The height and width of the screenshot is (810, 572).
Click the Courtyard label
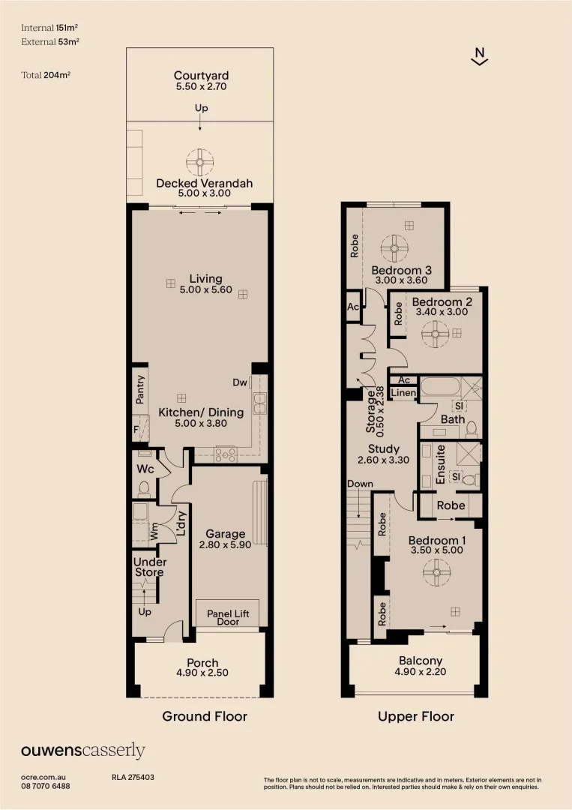[x=201, y=76]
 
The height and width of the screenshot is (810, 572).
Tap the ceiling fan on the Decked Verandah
[x=200, y=161]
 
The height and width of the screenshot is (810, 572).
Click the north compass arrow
[x=480, y=57]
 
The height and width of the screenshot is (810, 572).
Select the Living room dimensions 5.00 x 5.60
[x=201, y=289]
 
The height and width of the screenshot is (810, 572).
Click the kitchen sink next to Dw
[x=259, y=403]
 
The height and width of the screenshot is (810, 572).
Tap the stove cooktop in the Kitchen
[x=226, y=453]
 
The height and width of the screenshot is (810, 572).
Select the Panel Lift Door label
[x=227, y=617]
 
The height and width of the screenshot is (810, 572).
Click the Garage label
[x=226, y=534]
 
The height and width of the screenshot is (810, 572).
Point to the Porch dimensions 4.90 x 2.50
[x=202, y=673]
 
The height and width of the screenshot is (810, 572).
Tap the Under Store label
[x=149, y=567]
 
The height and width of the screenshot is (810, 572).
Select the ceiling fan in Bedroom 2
[x=434, y=333]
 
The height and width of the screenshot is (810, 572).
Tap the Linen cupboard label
[x=403, y=393]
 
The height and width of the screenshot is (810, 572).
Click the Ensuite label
[x=442, y=464]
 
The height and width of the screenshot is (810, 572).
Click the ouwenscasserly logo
[x=82, y=751]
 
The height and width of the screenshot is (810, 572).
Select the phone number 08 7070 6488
[x=46, y=786]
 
